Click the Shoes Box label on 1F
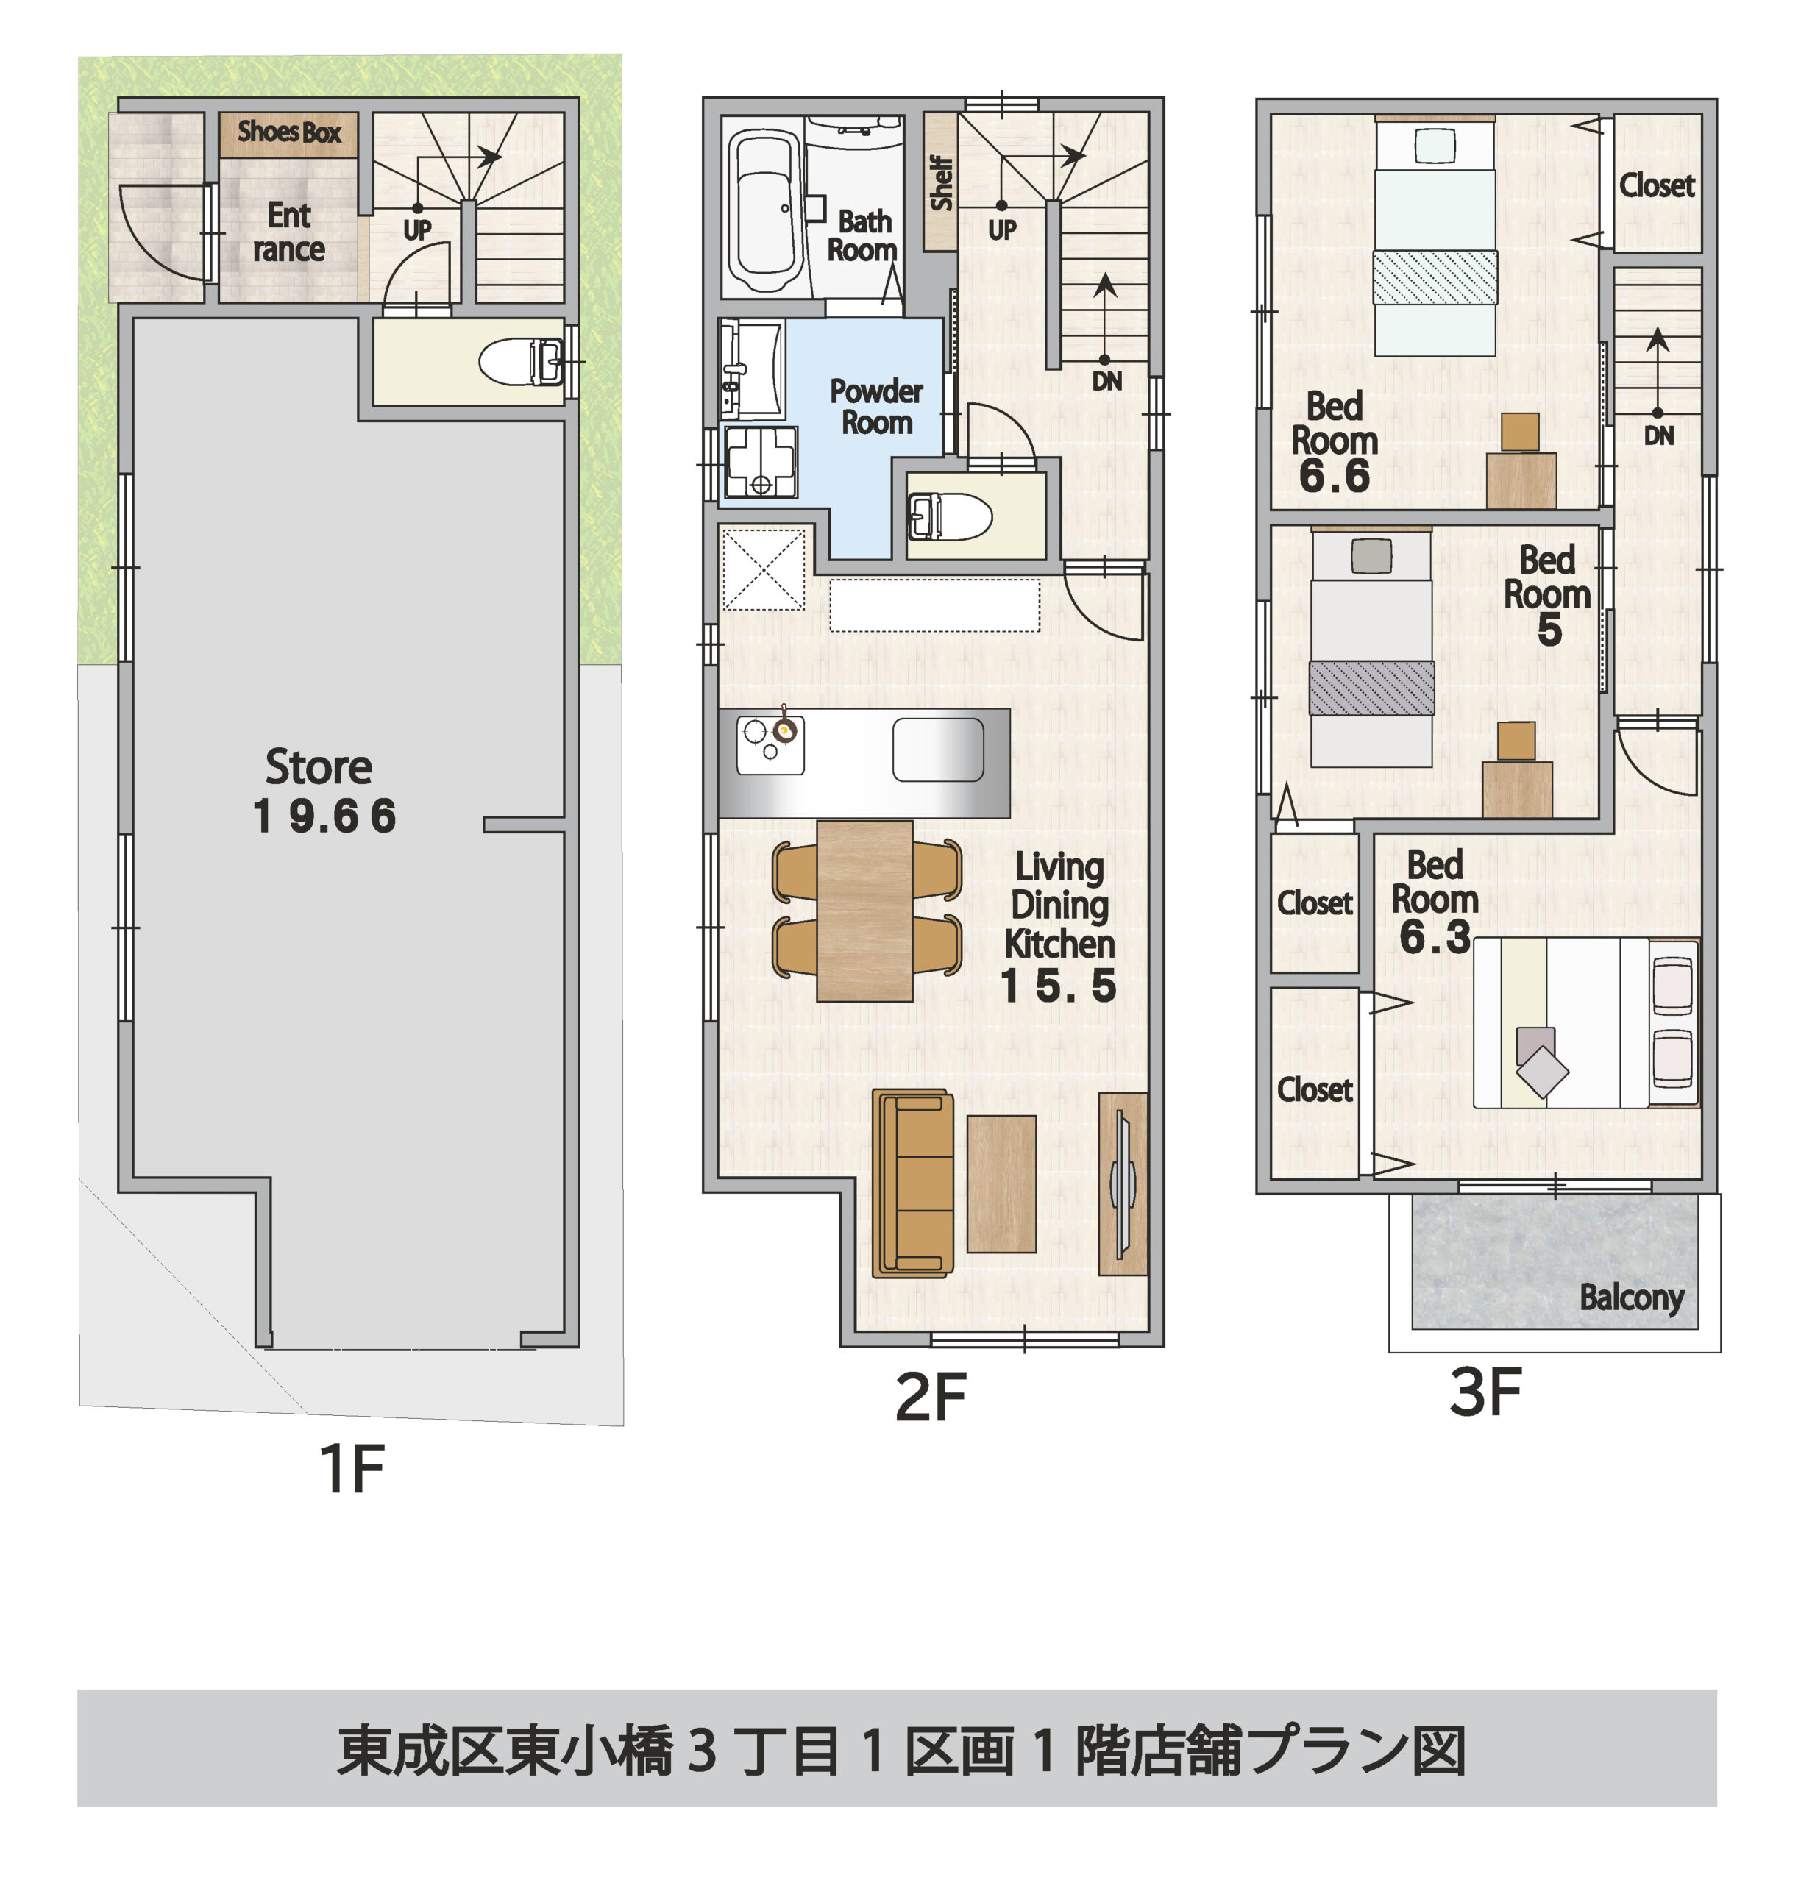(289, 132)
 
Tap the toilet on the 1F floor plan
(519, 362)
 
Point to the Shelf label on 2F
(941, 183)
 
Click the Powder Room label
(875, 407)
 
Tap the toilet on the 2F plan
(950, 516)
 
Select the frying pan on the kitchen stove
(785, 730)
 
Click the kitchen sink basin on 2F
(938, 750)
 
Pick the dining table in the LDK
(864, 910)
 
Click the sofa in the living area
(912, 1183)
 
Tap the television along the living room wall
(1122, 1183)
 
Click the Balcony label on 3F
(1631, 1298)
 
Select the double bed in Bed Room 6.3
(1584, 1023)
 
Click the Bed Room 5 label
(1546, 594)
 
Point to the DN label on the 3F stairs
(1658, 435)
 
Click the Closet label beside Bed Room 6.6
(1656, 185)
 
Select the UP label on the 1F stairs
(416, 230)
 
